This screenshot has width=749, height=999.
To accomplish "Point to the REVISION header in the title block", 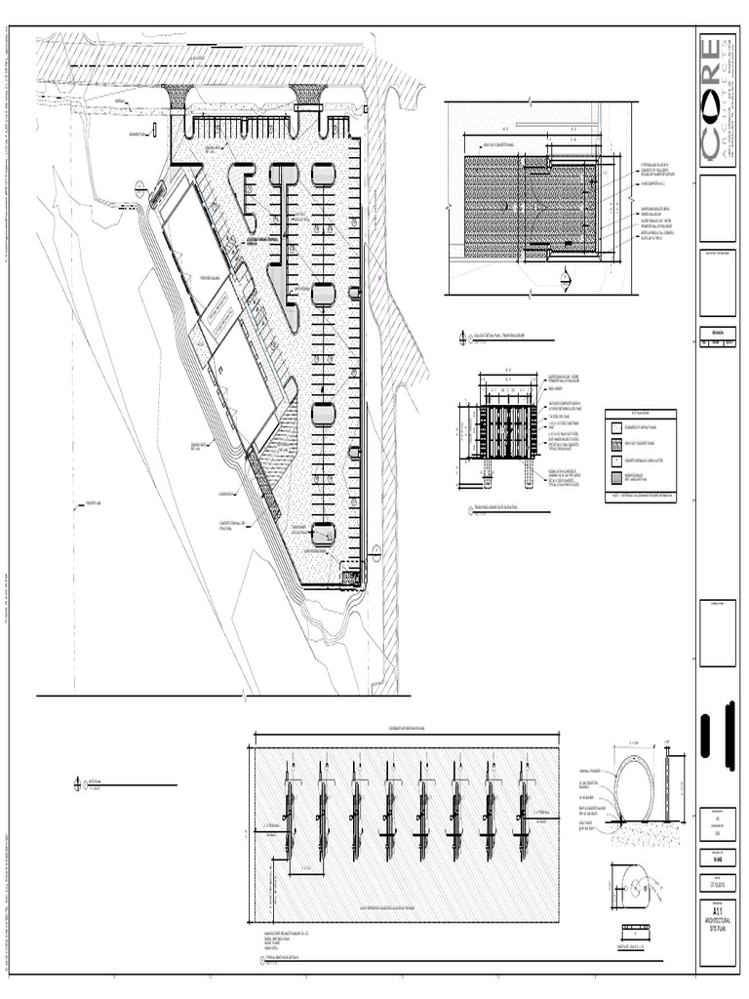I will [717, 331].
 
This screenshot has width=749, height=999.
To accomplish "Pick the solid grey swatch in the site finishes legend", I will [616, 479].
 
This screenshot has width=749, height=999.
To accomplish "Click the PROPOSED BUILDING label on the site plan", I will [214, 278].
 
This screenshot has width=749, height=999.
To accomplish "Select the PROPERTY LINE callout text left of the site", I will [87, 504].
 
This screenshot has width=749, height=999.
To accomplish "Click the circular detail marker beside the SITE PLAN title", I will [78, 783].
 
